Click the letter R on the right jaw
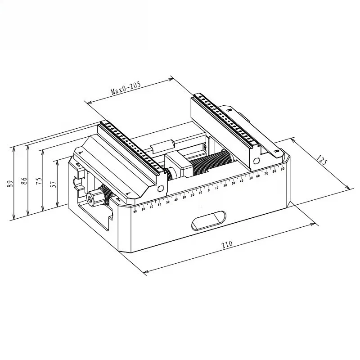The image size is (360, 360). (229, 109)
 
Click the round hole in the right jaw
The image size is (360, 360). (256, 161)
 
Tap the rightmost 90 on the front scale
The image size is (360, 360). (283, 169)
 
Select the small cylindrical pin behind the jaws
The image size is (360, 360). (163, 146)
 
